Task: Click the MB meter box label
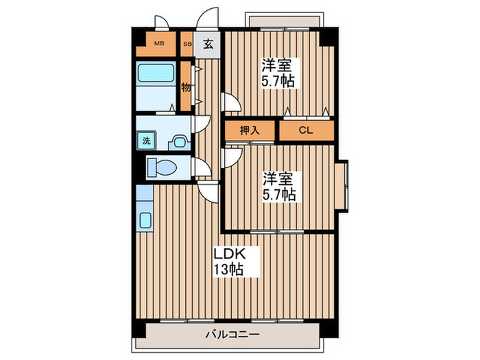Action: coord(159,44)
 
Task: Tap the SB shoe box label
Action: coord(187,44)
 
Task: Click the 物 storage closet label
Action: coord(186,87)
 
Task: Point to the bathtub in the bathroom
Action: coord(156,80)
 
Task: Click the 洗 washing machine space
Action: coord(146,141)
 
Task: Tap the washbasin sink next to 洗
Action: coord(179,141)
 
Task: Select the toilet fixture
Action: coord(163,167)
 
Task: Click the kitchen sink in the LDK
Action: coord(145,220)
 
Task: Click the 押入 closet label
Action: coord(250,130)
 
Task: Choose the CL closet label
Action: coord(305,130)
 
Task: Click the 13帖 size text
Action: coord(228,268)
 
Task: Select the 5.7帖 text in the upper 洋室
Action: coord(277,82)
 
